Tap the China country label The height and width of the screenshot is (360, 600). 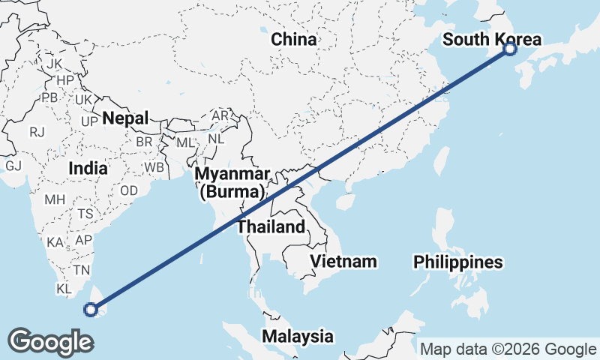pyautogui.click(x=294, y=39)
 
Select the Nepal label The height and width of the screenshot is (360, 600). pyautogui.click(x=126, y=118)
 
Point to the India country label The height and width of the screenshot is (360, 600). pyautogui.click(x=88, y=169)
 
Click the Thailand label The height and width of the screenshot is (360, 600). pyautogui.click(x=271, y=226)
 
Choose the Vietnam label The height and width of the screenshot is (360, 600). pyautogui.click(x=344, y=261)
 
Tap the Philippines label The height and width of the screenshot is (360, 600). pyautogui.click(x=457, y=262)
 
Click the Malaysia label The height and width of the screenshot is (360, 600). pyautogui.click(x=297, y=335)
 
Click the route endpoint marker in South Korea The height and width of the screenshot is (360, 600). pyautogui.click(x=510, y=49)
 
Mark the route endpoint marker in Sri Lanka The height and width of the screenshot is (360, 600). pyautogui.click(x=91, y=308)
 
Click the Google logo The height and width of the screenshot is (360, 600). pyautogui.click(x=50, y=341)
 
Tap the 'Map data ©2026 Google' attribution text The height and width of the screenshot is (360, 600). pyautogui.click(x=508, y=349)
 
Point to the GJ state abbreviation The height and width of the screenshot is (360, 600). pyautogui.click(x=13, y=166)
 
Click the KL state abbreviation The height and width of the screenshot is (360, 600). pyautogui.click(x=64, y=289)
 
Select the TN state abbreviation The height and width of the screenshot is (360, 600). pyautogui.click(x=81, y=270)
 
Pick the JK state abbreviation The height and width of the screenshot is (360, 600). pyautogui.click(x=54, y=64)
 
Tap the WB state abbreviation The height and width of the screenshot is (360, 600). pyautogui.click(x=154, y=166)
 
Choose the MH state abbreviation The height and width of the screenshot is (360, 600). pyautogui.click(x=55, y=200)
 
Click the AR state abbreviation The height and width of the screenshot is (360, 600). pyautogui.click(x=220, y=116)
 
